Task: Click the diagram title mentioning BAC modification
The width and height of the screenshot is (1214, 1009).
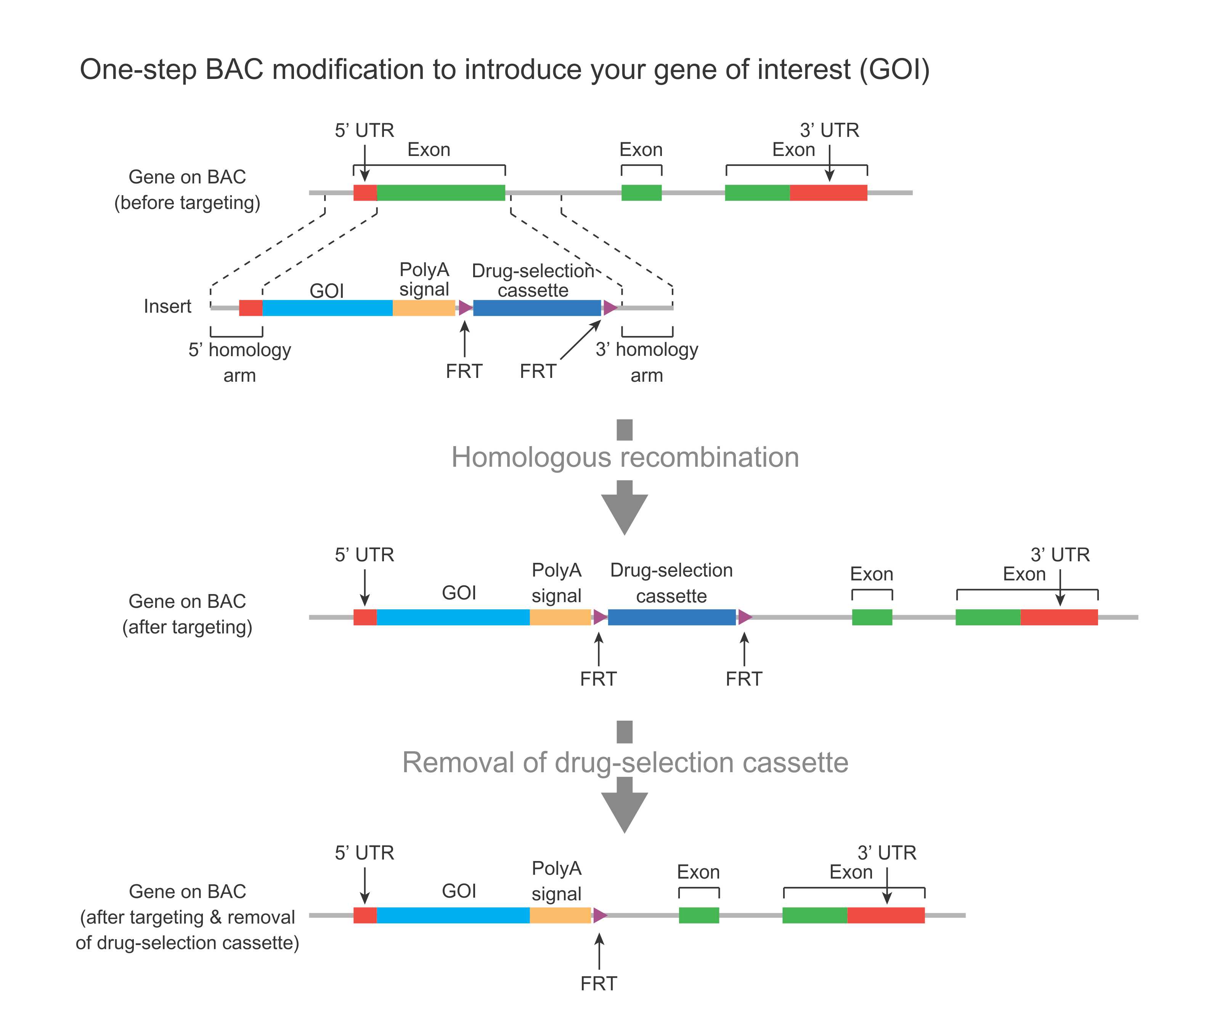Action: (504, 69)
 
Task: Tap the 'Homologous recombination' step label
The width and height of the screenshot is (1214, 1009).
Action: (625, 457)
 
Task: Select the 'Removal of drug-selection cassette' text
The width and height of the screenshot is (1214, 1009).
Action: (625, 762)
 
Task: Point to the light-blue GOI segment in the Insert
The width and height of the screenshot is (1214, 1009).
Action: (327, 308)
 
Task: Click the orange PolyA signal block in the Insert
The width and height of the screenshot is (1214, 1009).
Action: (424, 308)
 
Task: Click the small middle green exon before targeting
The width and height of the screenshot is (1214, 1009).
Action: (641, 193)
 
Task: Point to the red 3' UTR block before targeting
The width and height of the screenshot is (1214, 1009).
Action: (829, 193)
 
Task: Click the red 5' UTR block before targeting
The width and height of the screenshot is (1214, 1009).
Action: (365, 193)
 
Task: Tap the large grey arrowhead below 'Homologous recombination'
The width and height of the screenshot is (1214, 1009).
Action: (624, 512)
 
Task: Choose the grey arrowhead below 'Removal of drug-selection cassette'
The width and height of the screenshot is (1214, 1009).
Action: (624, 810)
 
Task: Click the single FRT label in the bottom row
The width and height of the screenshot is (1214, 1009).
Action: (599, 983)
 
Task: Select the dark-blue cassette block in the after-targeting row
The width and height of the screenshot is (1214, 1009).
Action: (672, 617)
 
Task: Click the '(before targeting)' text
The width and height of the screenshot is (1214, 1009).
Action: (187, 202)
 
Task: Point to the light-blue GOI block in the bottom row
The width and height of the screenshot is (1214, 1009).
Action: (453, 915)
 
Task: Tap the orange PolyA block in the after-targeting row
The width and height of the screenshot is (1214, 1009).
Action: (560, 617)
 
